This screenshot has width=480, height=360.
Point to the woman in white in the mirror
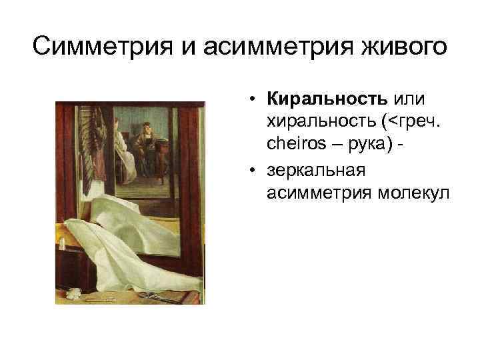(120, 143)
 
